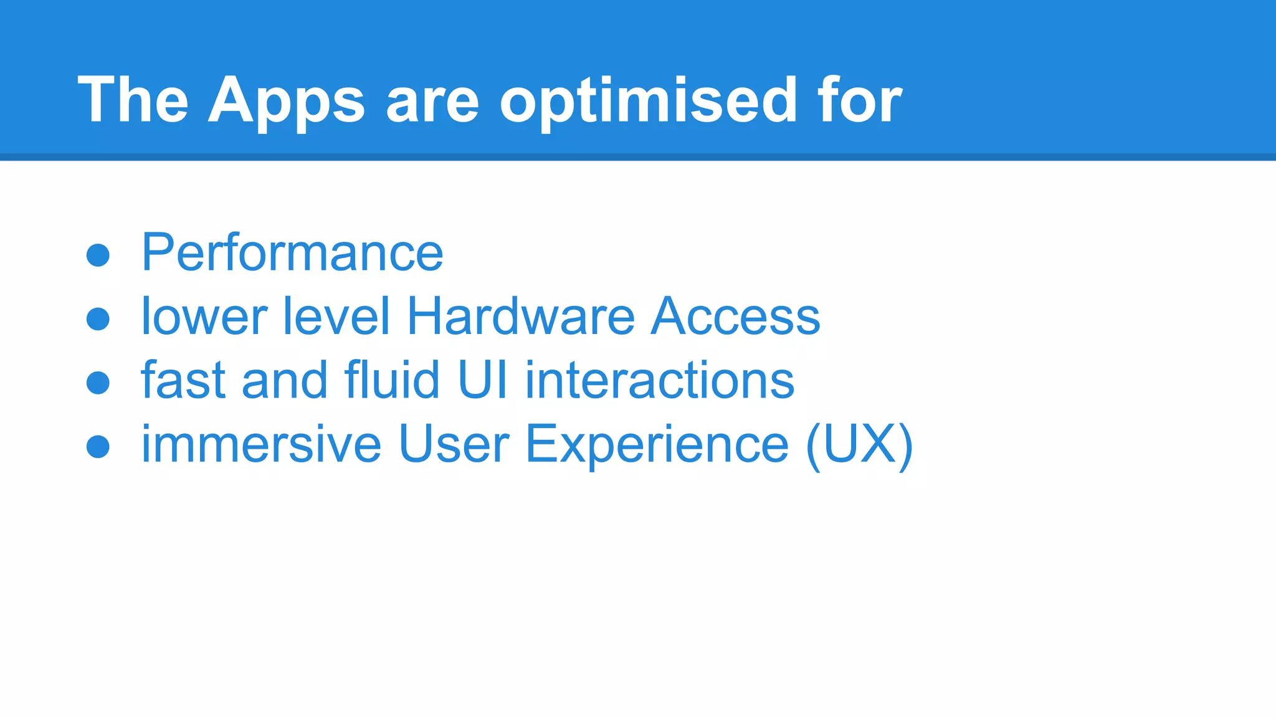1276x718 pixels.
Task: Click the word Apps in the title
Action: (286, 101)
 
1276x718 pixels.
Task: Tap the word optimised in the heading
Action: (648, 101)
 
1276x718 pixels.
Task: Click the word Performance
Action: (292, 253)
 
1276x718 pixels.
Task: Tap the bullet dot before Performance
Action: (98, 255)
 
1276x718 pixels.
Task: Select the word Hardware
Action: (520, 317)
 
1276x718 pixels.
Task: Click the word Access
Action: (735, 317)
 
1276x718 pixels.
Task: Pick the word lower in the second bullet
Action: (204, 317)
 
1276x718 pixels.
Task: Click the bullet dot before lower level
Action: (98, 319)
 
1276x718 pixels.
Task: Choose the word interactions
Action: (660, 380)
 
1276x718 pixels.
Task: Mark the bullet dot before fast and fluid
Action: (98, 383)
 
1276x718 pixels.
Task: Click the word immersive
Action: (261, 444)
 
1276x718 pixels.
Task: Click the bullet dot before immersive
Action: (98, 446)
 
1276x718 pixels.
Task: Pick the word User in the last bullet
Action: (454, 444)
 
